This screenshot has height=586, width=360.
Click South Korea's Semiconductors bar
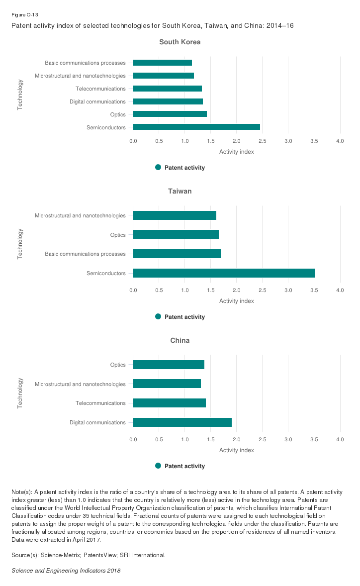tap(196, 127)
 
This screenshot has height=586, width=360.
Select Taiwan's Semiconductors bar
tap(224, 273)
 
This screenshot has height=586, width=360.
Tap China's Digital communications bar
tap(182, 422)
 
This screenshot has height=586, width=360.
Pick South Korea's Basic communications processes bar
tap(163, 63)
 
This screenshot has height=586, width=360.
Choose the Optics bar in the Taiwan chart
tap(176, 234)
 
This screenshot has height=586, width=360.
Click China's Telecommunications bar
tap(170, 403)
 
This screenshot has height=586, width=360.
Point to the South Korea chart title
tap(180, 42)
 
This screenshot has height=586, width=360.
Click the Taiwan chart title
tap(180, 192)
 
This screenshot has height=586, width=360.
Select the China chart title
tap(180, 341)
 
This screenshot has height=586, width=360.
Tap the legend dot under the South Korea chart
tap(158, 168)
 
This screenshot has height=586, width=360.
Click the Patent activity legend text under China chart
tap(184, 466)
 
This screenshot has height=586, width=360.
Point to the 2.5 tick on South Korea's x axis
tap(237, 141)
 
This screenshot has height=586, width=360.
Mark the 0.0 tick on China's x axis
tap(133, 440)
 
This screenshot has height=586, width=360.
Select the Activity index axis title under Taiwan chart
tap(237, 301)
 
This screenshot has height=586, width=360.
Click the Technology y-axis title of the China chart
tap(20, 393)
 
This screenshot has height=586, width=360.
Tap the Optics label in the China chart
tap(118, 365)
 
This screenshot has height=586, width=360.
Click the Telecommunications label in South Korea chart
tap(100, 89)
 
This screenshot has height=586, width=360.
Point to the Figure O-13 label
tap(24, 15)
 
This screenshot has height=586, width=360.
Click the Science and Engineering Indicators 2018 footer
tap(66, 571)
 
